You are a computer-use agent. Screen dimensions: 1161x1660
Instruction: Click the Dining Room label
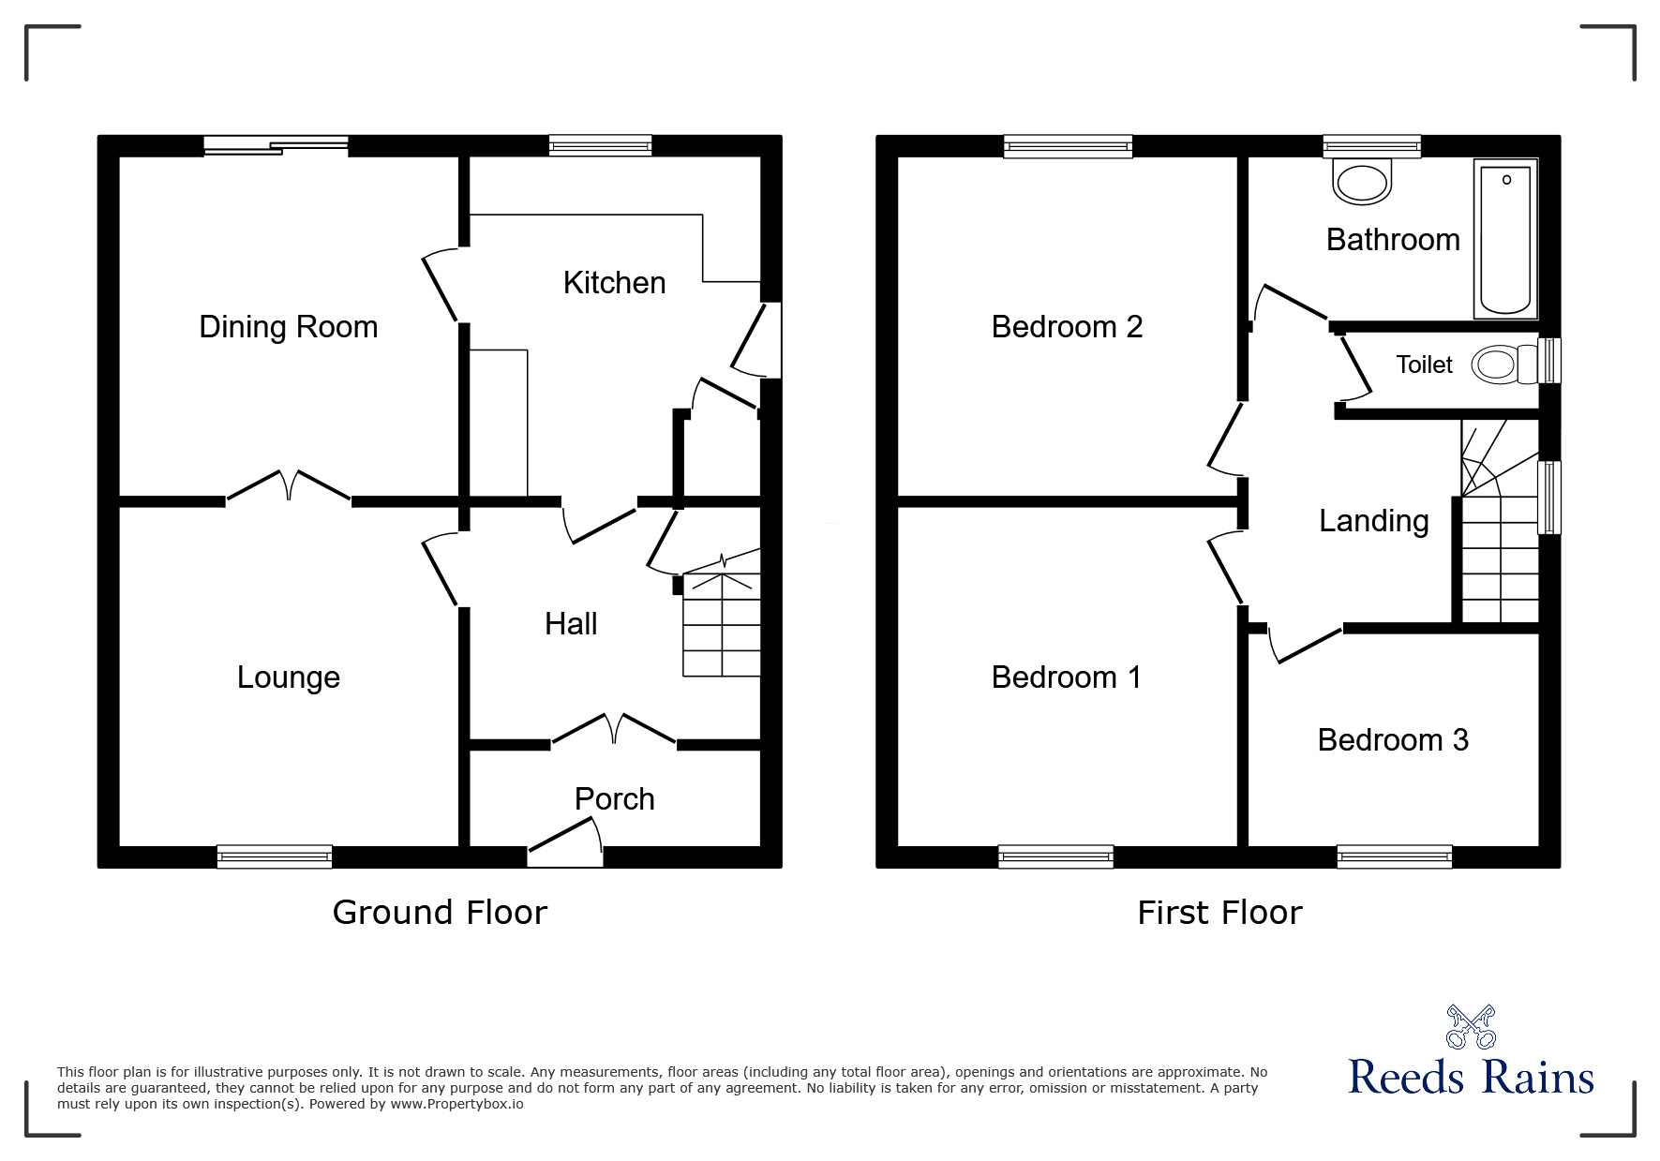click(x=288, y=327)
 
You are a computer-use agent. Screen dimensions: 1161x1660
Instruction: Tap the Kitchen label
click(x=614, y=283)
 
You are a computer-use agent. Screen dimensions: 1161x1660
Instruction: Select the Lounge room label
click(x=288, y=677)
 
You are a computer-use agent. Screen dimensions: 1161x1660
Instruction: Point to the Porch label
click(x=614, y=799)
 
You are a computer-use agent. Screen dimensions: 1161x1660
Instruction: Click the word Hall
click(x=571, y=624)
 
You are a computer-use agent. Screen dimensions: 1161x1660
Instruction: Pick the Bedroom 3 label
click(x=1393, y=740)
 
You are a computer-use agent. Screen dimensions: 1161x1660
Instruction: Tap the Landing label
click(x=1373, y=521)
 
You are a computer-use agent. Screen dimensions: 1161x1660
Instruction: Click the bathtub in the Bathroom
click(x=1505, y=239)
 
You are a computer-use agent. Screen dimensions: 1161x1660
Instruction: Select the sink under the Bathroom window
click(x=1362, y=183)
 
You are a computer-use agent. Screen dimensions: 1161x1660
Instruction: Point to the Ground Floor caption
click(x=440, y=913)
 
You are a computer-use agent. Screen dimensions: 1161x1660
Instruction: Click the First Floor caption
click(x=1219, y=913)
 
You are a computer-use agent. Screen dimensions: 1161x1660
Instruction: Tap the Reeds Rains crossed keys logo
click(x=1471, y=1027)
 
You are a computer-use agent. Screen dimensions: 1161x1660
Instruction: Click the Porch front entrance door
click(x=565, y=841)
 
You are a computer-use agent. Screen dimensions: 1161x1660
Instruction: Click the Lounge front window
click(x=274, y=856)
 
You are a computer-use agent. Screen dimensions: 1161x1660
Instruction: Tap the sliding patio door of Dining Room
click(x=277, y=145)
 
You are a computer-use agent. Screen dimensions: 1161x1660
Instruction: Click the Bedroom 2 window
click(x=1068, y=146)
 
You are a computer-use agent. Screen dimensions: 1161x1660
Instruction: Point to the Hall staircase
click(x=721, y=623)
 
